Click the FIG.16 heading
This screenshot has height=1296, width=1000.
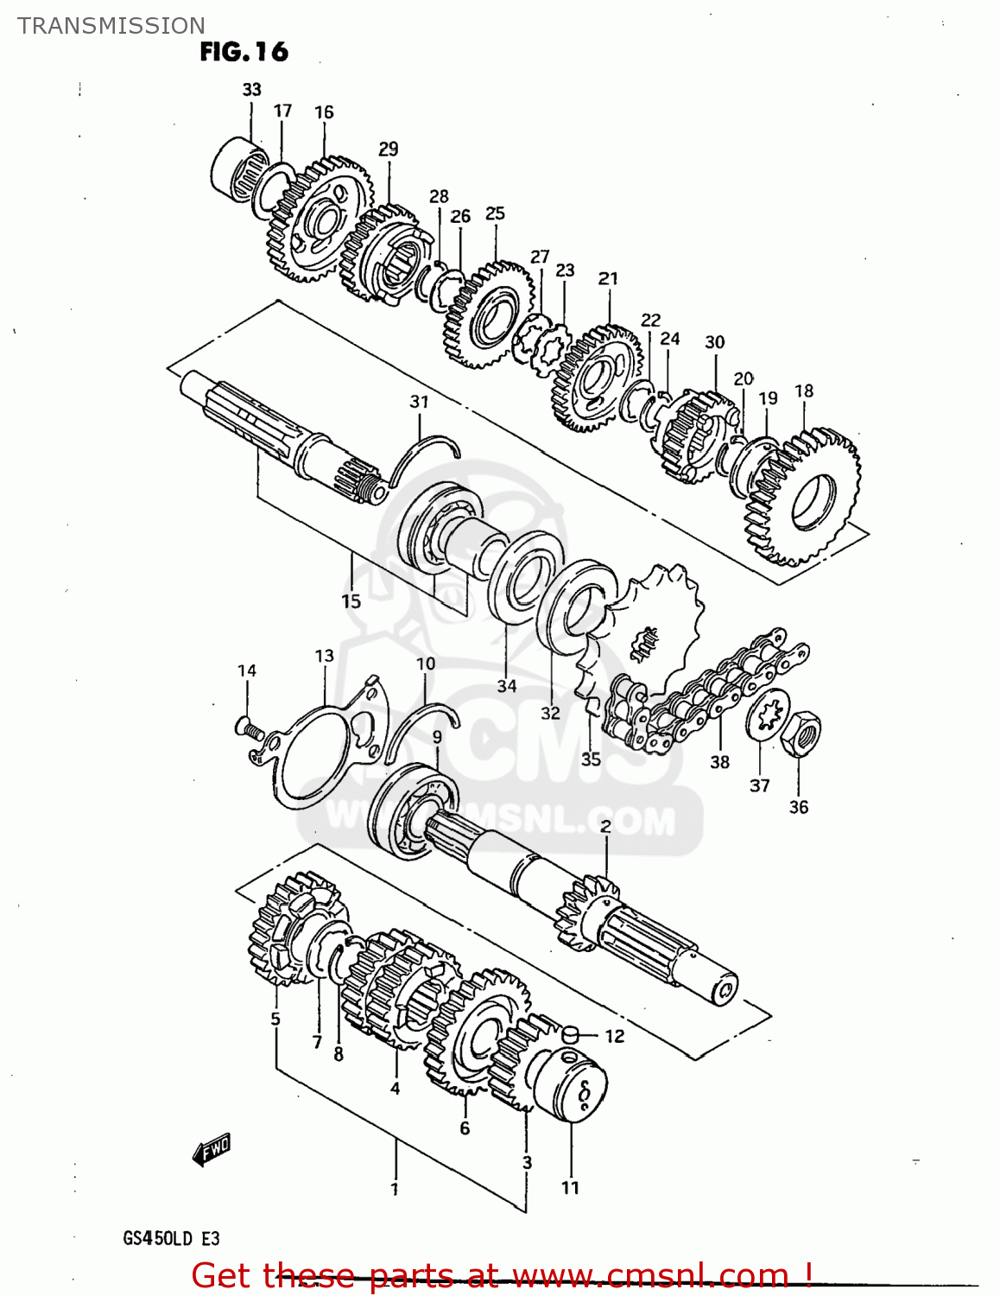tap(244, 52)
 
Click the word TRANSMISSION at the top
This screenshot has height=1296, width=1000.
tap(111, 25)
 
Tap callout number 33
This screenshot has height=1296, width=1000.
tap(251, 89)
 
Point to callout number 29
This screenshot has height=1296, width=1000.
tap(389, 149)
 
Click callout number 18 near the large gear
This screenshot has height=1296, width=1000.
tap(804, 391)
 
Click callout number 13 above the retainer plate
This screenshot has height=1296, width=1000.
tap(324, 656)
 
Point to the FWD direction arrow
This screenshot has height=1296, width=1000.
tap(211, 1150)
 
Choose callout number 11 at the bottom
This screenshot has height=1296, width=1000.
tap(570, 1188)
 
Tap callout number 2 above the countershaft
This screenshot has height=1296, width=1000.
tap(605, 826)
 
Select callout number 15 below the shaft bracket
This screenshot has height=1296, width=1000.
tap(351, 600)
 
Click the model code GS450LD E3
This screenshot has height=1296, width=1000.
tap(171, 1238)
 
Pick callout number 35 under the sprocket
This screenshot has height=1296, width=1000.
tap(591, 759)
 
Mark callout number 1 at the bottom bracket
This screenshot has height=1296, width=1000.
tap(395, 1190)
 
